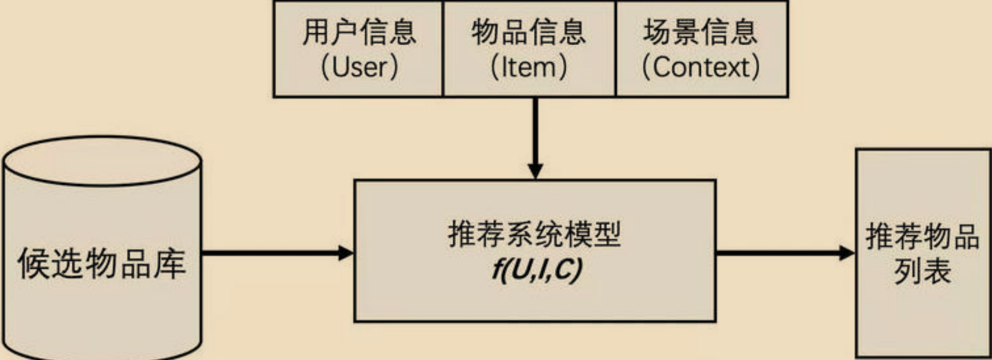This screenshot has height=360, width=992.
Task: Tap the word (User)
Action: pyautogui.click(x=359, y=67)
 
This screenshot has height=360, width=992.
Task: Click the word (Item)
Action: pyautogui.click(x=529, y=67)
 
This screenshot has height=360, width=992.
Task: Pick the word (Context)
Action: pyautogui.click(x=700, y=67)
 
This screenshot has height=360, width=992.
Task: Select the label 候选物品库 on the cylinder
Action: pyautogui.click(x=102, y=263)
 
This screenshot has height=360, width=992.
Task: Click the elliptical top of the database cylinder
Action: pyautogui.click(x=102, y=161)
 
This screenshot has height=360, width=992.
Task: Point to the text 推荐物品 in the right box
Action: pyautogui.click(x=922, y=236)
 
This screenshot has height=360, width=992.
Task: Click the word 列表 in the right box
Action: pyautogui.click(x=922, y=272)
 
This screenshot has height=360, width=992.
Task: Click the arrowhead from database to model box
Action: pyautogui.click(x=346, y=253)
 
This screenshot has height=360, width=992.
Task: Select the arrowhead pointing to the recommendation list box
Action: pyautogui.click(x=847, y=253)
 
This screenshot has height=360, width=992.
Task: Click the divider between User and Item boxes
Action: pyautogui.click(x=443, y=49)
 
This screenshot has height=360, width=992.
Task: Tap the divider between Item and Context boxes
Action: pyautogui.click(x=616, y=49)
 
